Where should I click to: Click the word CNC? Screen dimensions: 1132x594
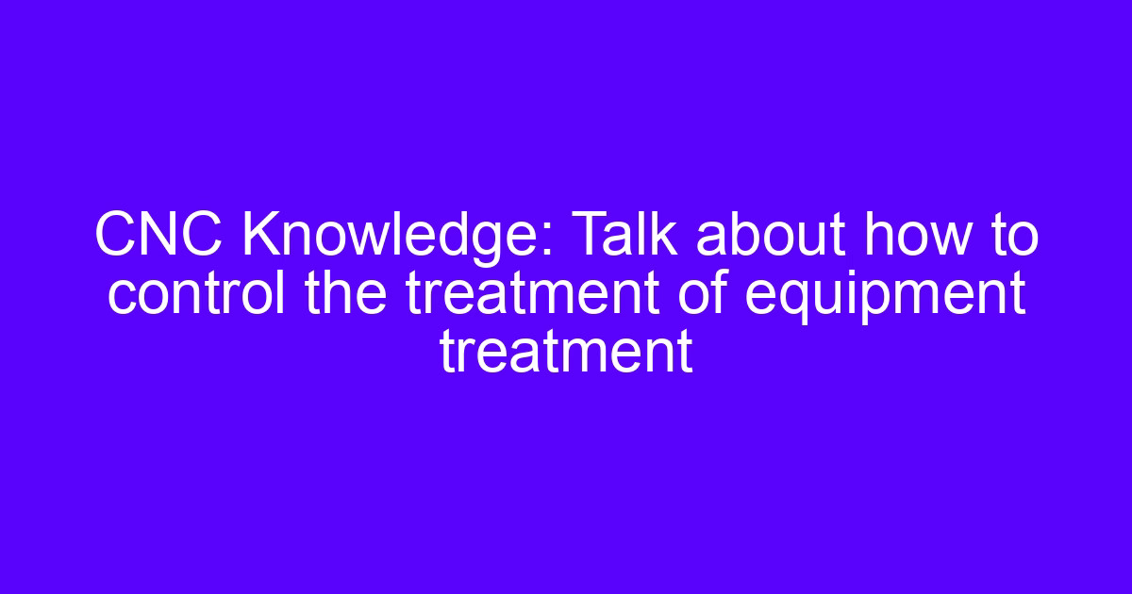pyautogui.click(x=158, y=235)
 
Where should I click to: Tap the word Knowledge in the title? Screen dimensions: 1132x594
pyautogui.click(x=397, y=239)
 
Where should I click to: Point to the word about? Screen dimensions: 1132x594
pyautogui.click(x=771, y=235)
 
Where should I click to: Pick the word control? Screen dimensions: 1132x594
pyautogui.click(x=196, y=292)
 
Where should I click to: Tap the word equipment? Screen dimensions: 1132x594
pyautogui.click(x=886, y=296)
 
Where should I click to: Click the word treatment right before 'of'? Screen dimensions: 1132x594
pyautogui.click(x=532, y=293)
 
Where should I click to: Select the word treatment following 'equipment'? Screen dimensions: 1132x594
pyautogui.click(x=566, y=352)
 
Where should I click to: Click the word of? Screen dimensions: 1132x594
pyautogui.click(x=703, y=292)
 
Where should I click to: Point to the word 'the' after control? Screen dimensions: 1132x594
pyautogui.click(x=346, y=292)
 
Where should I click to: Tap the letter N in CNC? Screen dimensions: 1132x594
pyautogui.click(x=158, y=235)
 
